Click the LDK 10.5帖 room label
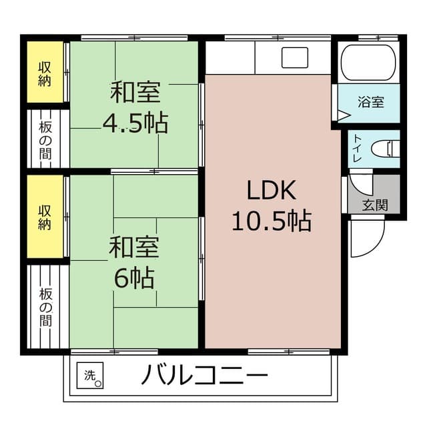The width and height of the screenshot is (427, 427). click(x=271, y=205)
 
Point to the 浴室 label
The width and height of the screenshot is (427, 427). click(x=371, y=103)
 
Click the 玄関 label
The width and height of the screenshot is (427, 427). click(x=374, y=205)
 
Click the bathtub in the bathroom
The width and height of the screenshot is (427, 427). click(x=369, y=63)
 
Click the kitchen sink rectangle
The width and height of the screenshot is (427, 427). click(x=294, y=58)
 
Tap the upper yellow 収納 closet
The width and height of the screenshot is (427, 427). click(x=45, y=73)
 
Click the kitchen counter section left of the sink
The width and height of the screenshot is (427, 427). click(x=230, y=58)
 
